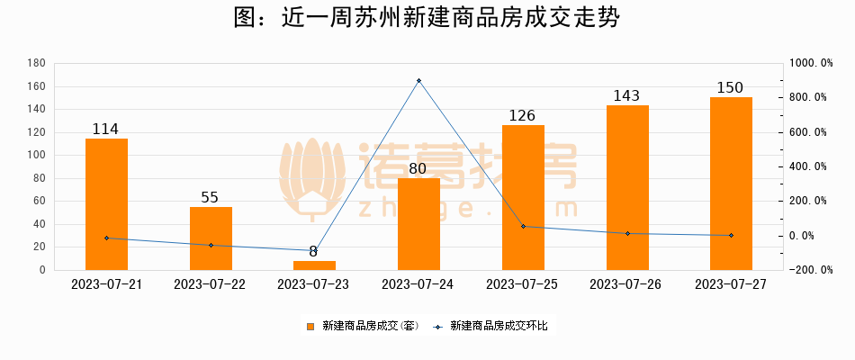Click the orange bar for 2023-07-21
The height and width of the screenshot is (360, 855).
106,204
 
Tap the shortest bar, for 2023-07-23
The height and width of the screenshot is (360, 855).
314,265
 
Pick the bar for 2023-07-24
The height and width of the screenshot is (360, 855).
418,224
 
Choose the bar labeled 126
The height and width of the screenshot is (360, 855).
523,198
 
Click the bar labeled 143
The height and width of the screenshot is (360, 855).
627,188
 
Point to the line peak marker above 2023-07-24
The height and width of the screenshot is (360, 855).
418,81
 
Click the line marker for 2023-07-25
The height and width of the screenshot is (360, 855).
523,226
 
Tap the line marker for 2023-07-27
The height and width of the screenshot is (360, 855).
731,236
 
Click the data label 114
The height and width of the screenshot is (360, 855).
106,130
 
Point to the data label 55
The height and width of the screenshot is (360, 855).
210,198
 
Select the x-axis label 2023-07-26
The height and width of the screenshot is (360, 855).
626,283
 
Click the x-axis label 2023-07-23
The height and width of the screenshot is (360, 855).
314,283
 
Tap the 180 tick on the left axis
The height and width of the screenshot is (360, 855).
37,63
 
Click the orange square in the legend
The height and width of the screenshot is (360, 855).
311,326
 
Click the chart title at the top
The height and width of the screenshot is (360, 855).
427,18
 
